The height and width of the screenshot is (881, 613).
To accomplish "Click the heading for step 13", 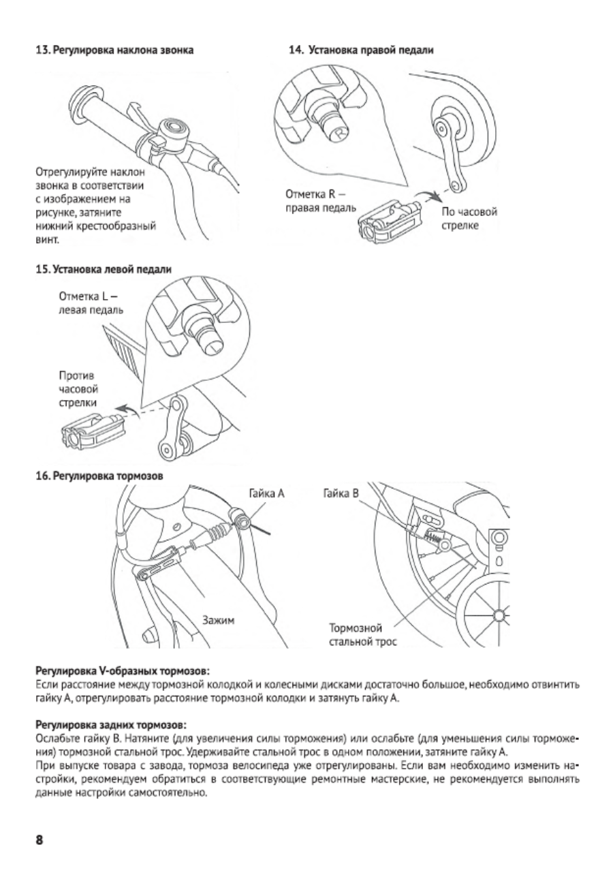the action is pos(114,50).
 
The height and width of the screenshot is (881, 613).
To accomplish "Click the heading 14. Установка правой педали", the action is pos(361,50).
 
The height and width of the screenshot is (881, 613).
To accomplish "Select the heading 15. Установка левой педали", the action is pos(104,269).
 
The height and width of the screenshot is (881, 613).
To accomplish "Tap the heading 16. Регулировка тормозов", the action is pos(99,476).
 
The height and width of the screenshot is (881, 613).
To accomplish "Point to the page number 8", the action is pos(39,840).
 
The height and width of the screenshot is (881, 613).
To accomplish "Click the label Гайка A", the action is pos(266,493).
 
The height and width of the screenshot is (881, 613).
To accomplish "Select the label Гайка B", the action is pos(341,493).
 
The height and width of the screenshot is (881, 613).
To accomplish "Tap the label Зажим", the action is pos(218,620).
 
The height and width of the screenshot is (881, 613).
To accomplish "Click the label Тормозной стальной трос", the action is pos(363,634).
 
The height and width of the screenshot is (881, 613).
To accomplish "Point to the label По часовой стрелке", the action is pos(469,219).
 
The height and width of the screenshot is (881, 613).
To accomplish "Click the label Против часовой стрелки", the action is pos(78,389).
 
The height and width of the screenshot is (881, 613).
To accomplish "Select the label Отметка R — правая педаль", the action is pos(321,201).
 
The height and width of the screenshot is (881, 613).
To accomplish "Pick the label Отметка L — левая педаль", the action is pos(91,303).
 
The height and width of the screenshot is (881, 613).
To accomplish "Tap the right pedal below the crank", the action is pos(389,222).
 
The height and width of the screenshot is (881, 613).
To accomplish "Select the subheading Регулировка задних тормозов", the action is pos(111,724).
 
